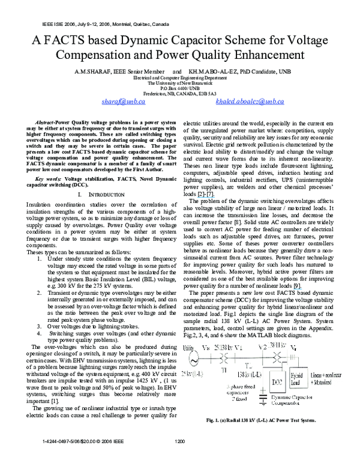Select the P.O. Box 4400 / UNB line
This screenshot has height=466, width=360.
180,88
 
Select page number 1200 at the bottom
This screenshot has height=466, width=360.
180,458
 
